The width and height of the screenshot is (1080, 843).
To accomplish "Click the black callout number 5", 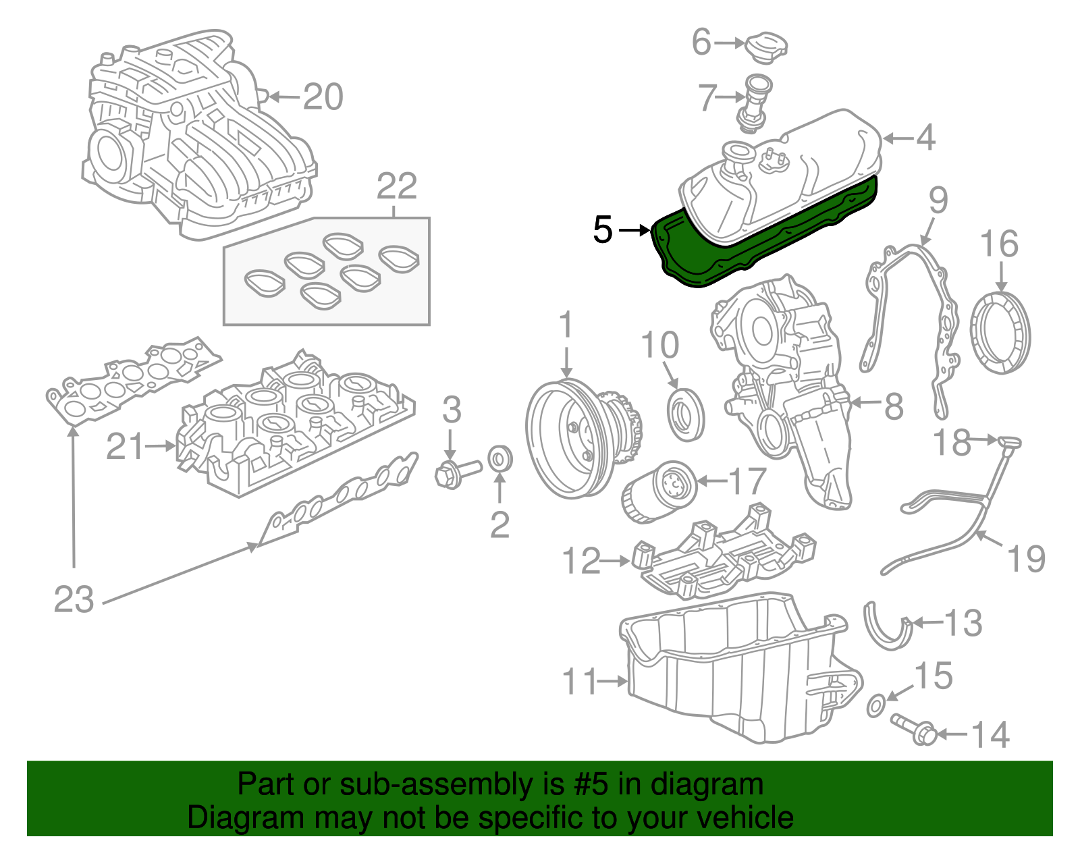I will click(602, 230).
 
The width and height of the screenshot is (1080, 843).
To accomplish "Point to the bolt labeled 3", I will click(456, 472).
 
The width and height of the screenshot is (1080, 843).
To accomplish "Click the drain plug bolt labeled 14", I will click(914, 729).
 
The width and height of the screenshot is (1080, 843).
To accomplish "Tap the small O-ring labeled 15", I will click(875, 706).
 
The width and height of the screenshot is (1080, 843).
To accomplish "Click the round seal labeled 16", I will click(1001, 333).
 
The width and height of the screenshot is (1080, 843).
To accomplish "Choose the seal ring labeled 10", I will click(686, 414).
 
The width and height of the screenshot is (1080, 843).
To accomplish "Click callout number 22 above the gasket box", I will click(397, 186).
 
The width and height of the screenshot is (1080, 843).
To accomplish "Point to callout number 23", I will click(74, 599).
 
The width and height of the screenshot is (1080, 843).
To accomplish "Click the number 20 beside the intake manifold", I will click(323, 97).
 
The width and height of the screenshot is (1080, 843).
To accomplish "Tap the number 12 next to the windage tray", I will click(581, 561).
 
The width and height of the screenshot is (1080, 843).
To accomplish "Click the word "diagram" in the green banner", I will click(722, 785).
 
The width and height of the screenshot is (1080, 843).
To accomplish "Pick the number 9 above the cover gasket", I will click(938, 200).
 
